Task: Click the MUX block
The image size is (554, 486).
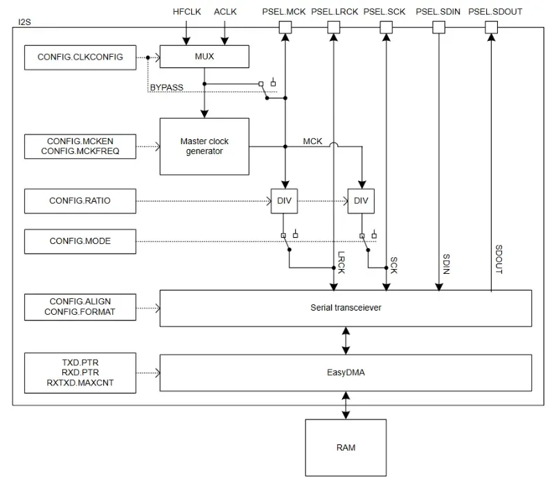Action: pyautogui.click(x=204, y=57)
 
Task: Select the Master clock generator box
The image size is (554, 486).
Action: pyautogui.click(x=204, y=146)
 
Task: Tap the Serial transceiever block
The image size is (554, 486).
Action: pyautogui.click(x=346, y=307)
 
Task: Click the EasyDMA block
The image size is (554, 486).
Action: pyautogui.click(x=346, y=373)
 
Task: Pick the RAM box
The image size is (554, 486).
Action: pyautogui.click(x=346, y=447)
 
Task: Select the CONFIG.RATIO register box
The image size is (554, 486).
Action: pyautogui.click(x=80, y=201)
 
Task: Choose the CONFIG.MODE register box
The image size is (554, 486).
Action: pyautogui.click(x=80, y=241)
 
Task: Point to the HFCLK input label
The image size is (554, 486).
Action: pyautogui.click(x=186, y=12)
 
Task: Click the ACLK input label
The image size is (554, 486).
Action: pyautogui.click(x=225, y=12)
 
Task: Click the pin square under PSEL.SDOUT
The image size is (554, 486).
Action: pyautogui.click(x=490, y=27)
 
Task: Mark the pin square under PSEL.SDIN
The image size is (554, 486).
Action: pyautogui.click(x=438, y=27)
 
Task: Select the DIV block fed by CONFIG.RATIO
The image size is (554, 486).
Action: pyautogui.click(x=285, y=201)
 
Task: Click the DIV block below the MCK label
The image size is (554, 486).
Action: pyautogui.click(x=361, y=201)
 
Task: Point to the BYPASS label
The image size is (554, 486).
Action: pyautogui.click(x=166, y=87)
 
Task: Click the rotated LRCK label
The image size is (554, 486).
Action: pyautogui.click(x=341, y=261)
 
